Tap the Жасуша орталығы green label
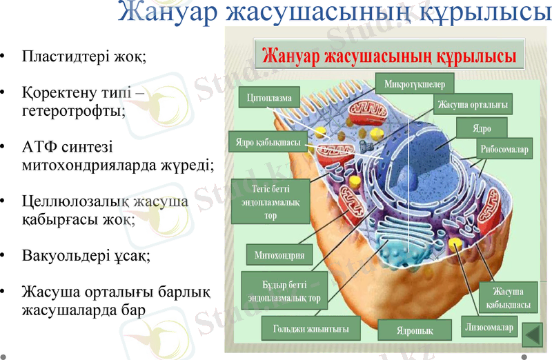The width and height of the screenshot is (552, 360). (x=473, y=104)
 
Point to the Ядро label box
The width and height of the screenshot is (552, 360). (x=482, y=128)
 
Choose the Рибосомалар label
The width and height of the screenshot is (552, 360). (x=504, y=149)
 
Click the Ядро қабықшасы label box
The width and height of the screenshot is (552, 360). (x=264, y=143)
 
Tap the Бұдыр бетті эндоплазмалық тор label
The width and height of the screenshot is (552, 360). (x=280, y=290)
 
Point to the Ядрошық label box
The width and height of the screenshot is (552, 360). (x=414, y=330)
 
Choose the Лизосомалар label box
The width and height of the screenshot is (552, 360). (x=489, y=328)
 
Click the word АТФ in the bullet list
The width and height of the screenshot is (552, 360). (x=40, y=148)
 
